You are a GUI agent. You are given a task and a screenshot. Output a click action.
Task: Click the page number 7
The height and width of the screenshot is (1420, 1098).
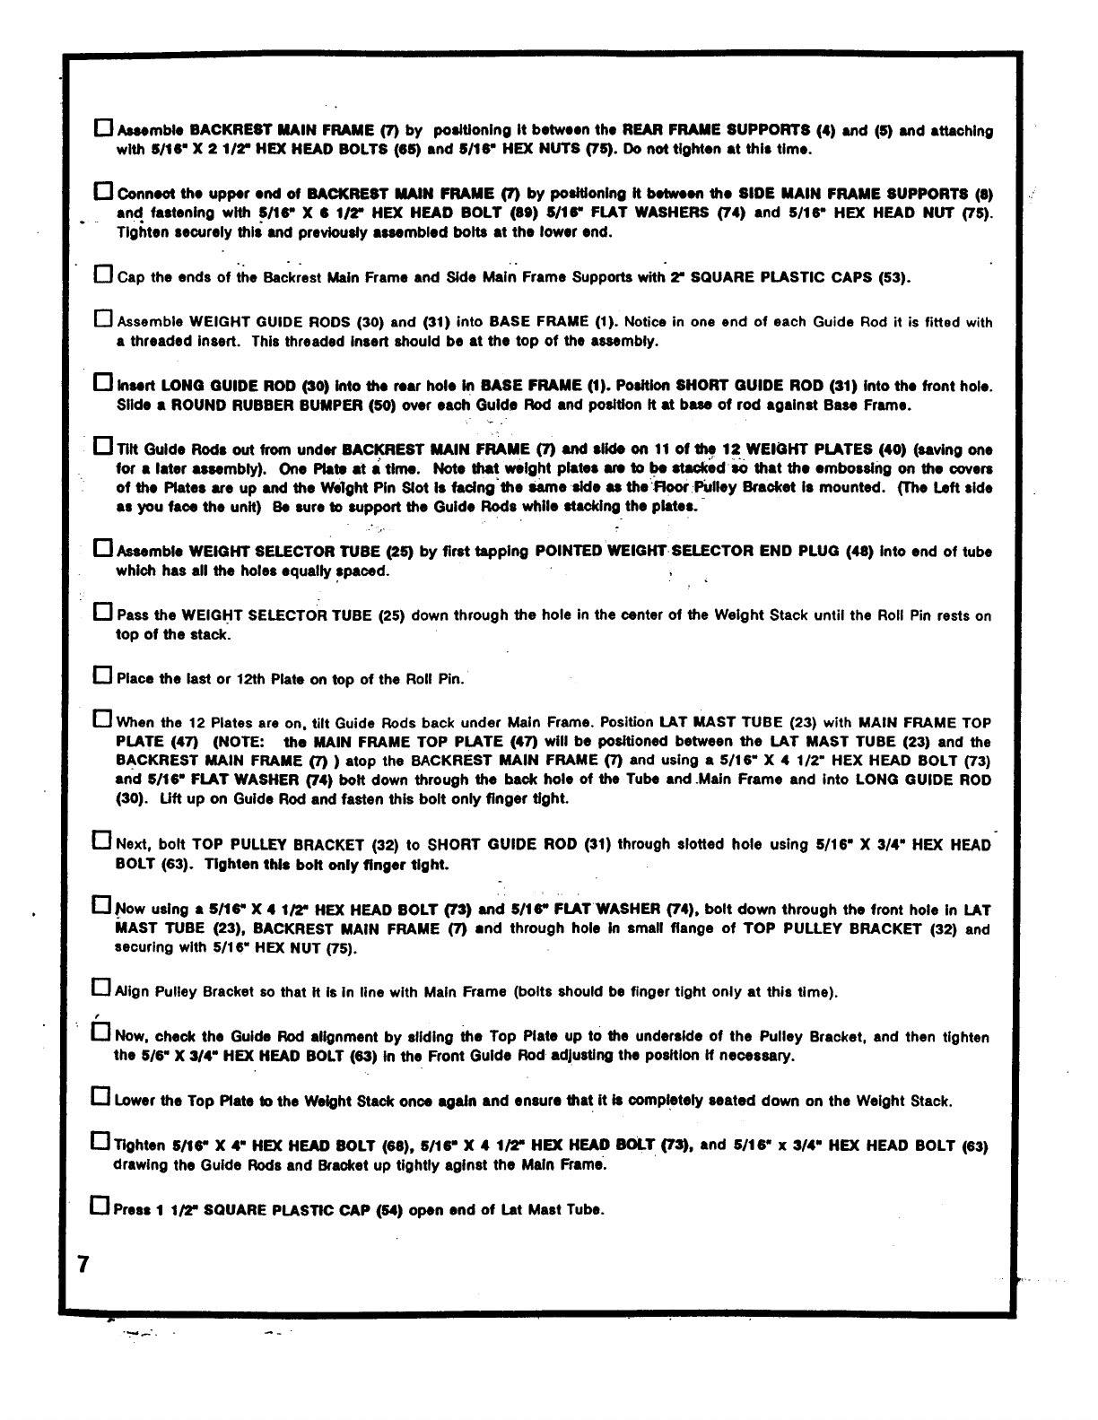point(83,1265)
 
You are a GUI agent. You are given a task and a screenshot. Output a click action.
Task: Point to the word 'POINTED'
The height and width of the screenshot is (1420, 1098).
point(567,552)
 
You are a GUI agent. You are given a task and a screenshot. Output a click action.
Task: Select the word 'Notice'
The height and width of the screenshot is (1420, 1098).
point(647,322)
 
